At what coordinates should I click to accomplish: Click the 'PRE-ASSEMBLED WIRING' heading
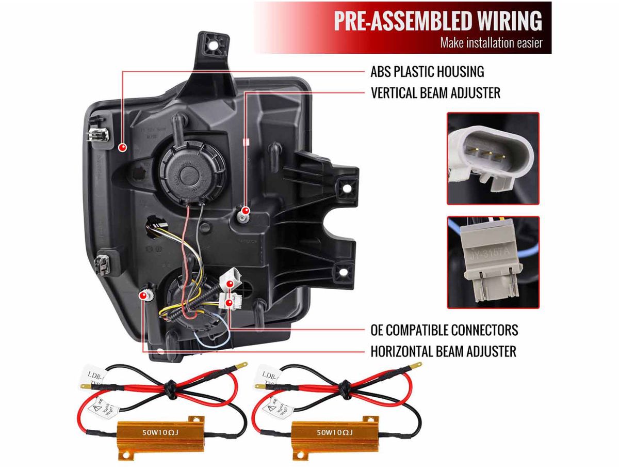[437, 21]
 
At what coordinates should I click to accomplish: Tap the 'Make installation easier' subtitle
[491, 43]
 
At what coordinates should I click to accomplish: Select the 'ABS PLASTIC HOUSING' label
[427, 71]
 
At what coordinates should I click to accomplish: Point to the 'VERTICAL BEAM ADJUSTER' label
[435, 93]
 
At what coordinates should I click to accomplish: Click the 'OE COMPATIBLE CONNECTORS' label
[444, 330]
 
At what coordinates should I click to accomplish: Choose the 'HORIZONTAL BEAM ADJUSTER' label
[443, 352]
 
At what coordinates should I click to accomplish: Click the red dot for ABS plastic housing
[123, 148]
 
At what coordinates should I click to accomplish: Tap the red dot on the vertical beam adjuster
[246, 211]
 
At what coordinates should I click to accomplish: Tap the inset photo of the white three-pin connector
[493, 158]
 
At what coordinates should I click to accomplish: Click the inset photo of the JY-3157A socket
[493, 262]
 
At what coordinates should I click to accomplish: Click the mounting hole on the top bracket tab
[212, 44]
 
